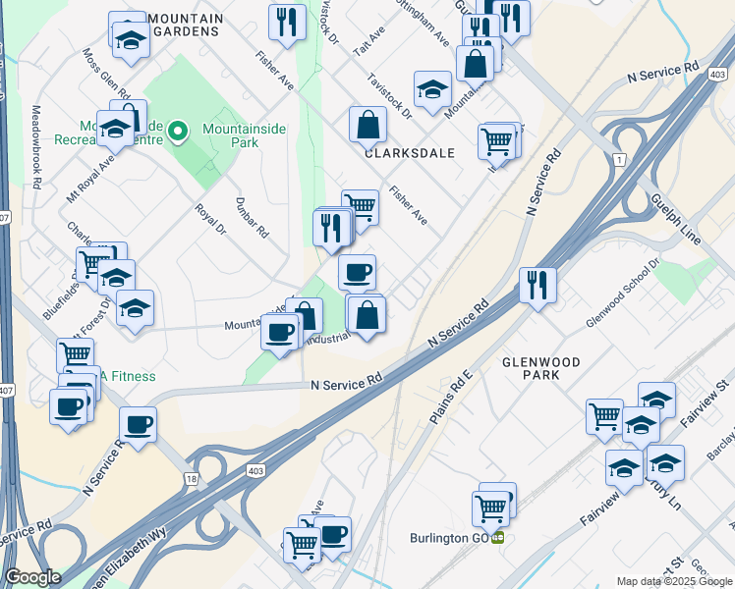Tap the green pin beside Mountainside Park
tap(178, 130)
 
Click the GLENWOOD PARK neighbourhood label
tap(541, 368)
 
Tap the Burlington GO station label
tap(450, 538)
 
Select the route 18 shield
tap(191, 476)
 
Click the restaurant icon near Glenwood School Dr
tap(537, 285)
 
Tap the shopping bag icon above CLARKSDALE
tap(367, 125)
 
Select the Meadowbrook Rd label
tap(36, 147)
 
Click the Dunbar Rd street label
tap(253, 218)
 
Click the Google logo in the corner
tap(32, 578)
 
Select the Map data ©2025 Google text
tap(673, 581)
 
